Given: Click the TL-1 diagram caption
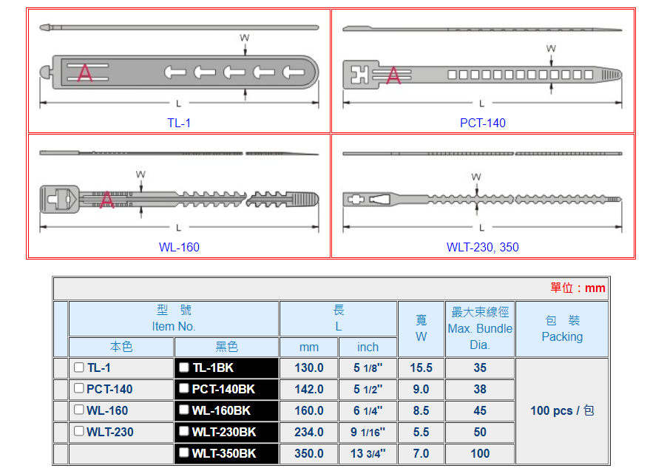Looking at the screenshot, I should tap(179, 123).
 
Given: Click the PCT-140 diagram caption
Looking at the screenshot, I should tap(483, 123).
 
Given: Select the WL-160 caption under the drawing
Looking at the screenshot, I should tap(179, 247).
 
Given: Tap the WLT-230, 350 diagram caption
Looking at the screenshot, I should tap(483, 247).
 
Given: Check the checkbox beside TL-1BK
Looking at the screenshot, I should tap(184, 367).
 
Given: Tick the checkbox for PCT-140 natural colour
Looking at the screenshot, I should tap(79, 389).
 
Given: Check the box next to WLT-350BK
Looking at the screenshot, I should tap(184, 453).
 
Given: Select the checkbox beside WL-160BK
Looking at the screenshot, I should tap(184, 410).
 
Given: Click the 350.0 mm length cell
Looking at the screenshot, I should tap(308, 453).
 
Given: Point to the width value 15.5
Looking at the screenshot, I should tap(421, 367).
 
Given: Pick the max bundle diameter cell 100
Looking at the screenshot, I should tap(480, 453).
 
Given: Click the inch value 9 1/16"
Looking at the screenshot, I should tap(368, 432).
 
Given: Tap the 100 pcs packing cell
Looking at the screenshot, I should tap(562, 410).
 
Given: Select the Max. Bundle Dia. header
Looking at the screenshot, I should tap(480, 328).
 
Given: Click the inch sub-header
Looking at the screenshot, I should tap(368, 347).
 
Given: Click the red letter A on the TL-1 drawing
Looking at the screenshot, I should tap(85, 72).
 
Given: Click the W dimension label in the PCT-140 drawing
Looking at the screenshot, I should tap(551, 49).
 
